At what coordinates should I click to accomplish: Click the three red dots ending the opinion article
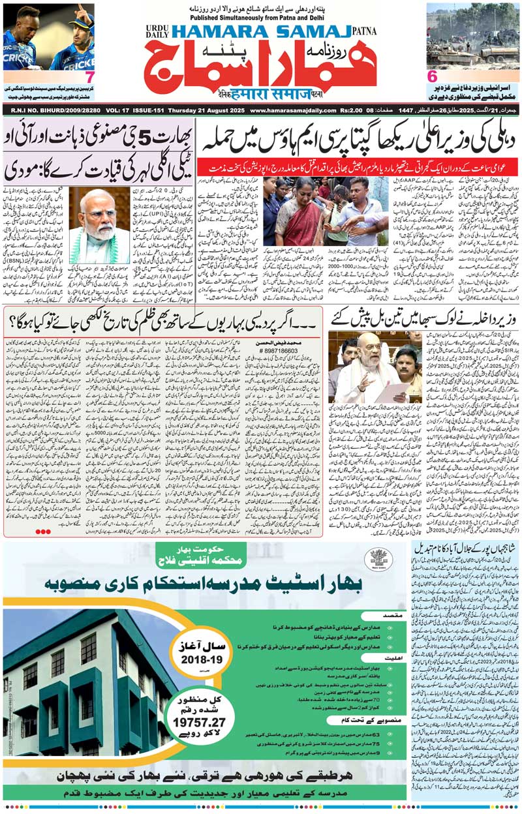43,532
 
